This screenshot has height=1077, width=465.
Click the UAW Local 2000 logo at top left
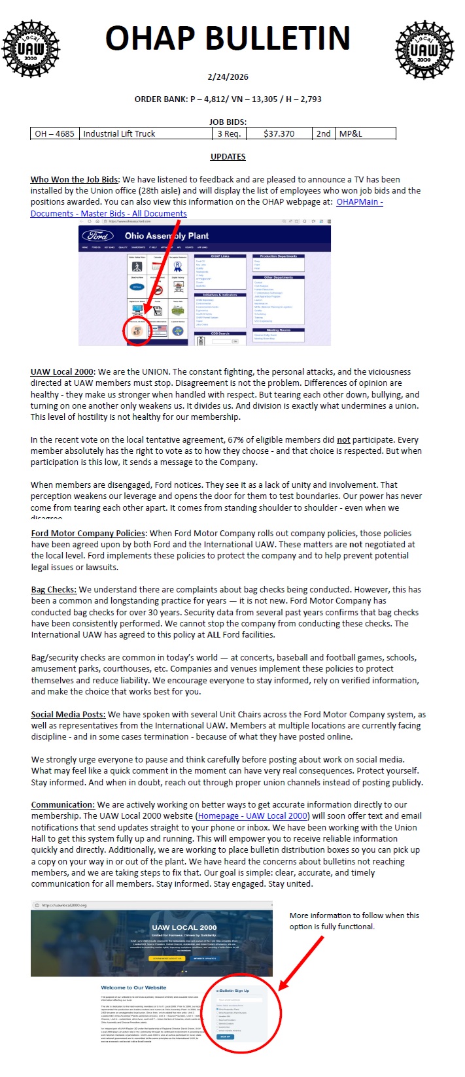pos(31,48)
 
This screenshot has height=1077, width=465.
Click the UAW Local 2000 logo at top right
pos(424,49)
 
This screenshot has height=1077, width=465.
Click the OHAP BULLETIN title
pos(228,39)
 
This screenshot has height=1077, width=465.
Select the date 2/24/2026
pos(228,77)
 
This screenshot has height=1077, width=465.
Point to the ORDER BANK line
pos(228,99)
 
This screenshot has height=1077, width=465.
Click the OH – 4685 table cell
pos(54,133)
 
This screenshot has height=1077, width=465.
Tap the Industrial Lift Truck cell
pos(119,133)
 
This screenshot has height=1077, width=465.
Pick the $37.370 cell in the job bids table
pos(279,133)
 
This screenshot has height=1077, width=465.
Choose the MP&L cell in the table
pos(351,133)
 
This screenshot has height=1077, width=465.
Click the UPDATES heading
pos(228,157)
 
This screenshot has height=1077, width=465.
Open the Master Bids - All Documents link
pos(109,213)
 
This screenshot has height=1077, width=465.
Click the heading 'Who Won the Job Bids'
pos(74,179)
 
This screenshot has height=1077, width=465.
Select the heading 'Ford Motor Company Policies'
pos(88,533)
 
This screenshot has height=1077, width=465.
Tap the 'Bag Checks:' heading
pos(54,589)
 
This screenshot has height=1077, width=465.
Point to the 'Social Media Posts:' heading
pos(68,714)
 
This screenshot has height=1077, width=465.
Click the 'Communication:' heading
pos(63,804)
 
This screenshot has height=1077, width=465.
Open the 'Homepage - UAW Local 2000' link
pos(252,815)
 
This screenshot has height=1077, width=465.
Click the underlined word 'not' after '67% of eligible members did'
pos(343,439)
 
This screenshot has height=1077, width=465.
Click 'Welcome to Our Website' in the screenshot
pos(133,987)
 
